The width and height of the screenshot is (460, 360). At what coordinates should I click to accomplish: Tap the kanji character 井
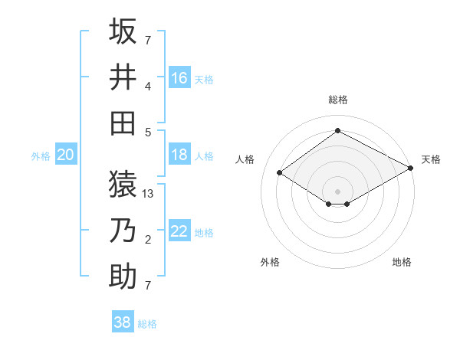(123, 77)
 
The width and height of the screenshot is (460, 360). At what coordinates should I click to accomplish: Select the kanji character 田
(123, 123)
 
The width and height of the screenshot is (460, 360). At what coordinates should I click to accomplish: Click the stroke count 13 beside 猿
(149, 194)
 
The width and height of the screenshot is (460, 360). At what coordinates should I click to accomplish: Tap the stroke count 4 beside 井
(148, 86)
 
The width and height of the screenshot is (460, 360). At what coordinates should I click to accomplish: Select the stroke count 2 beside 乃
(148, 241)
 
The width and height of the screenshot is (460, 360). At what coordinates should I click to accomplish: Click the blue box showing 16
(179, 77)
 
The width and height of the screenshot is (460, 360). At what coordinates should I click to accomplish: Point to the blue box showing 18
(179, 155)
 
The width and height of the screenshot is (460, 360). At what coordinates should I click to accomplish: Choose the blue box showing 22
(179, 231)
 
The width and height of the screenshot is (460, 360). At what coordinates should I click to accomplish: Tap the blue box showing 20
(66, 155)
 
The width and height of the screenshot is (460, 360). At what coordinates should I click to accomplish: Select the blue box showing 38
(123, 322)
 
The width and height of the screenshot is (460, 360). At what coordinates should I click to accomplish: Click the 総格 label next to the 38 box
(147, 324)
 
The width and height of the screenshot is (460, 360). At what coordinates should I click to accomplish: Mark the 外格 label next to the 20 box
(41, 156)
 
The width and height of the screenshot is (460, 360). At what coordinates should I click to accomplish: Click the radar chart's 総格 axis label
(337, 100)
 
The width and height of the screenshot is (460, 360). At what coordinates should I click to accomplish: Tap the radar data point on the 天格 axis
(411, 169)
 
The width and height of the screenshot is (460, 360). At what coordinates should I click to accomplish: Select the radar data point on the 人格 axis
(280, 173)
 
